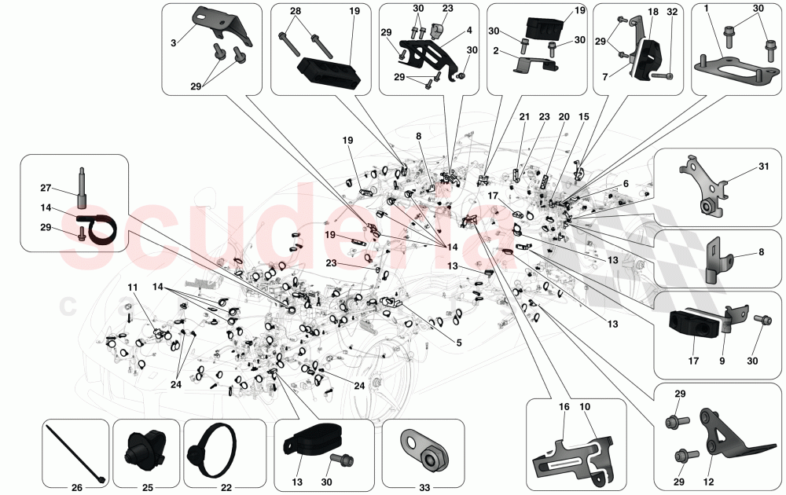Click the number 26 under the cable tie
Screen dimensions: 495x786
point(76,488)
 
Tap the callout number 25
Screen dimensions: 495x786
point(148,488)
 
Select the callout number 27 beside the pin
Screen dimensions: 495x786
point(46,188)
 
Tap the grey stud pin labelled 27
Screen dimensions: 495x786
point(82,182)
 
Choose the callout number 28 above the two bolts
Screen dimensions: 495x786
point(295,11)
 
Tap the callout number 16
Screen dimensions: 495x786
point(564,407)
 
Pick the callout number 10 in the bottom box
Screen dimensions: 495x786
point(586,407)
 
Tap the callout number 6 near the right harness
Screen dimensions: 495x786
point(625,183)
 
